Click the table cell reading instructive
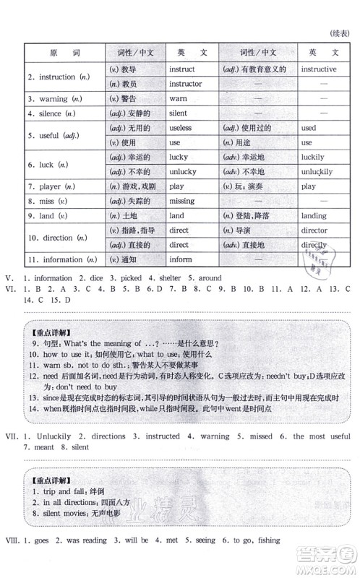tap(318, 69)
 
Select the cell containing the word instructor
tap(185, 84)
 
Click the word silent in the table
tap(178, 113)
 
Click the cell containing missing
tap(181, 201)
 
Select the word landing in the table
tap(313, 215)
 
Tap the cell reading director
tap(314, 230)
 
